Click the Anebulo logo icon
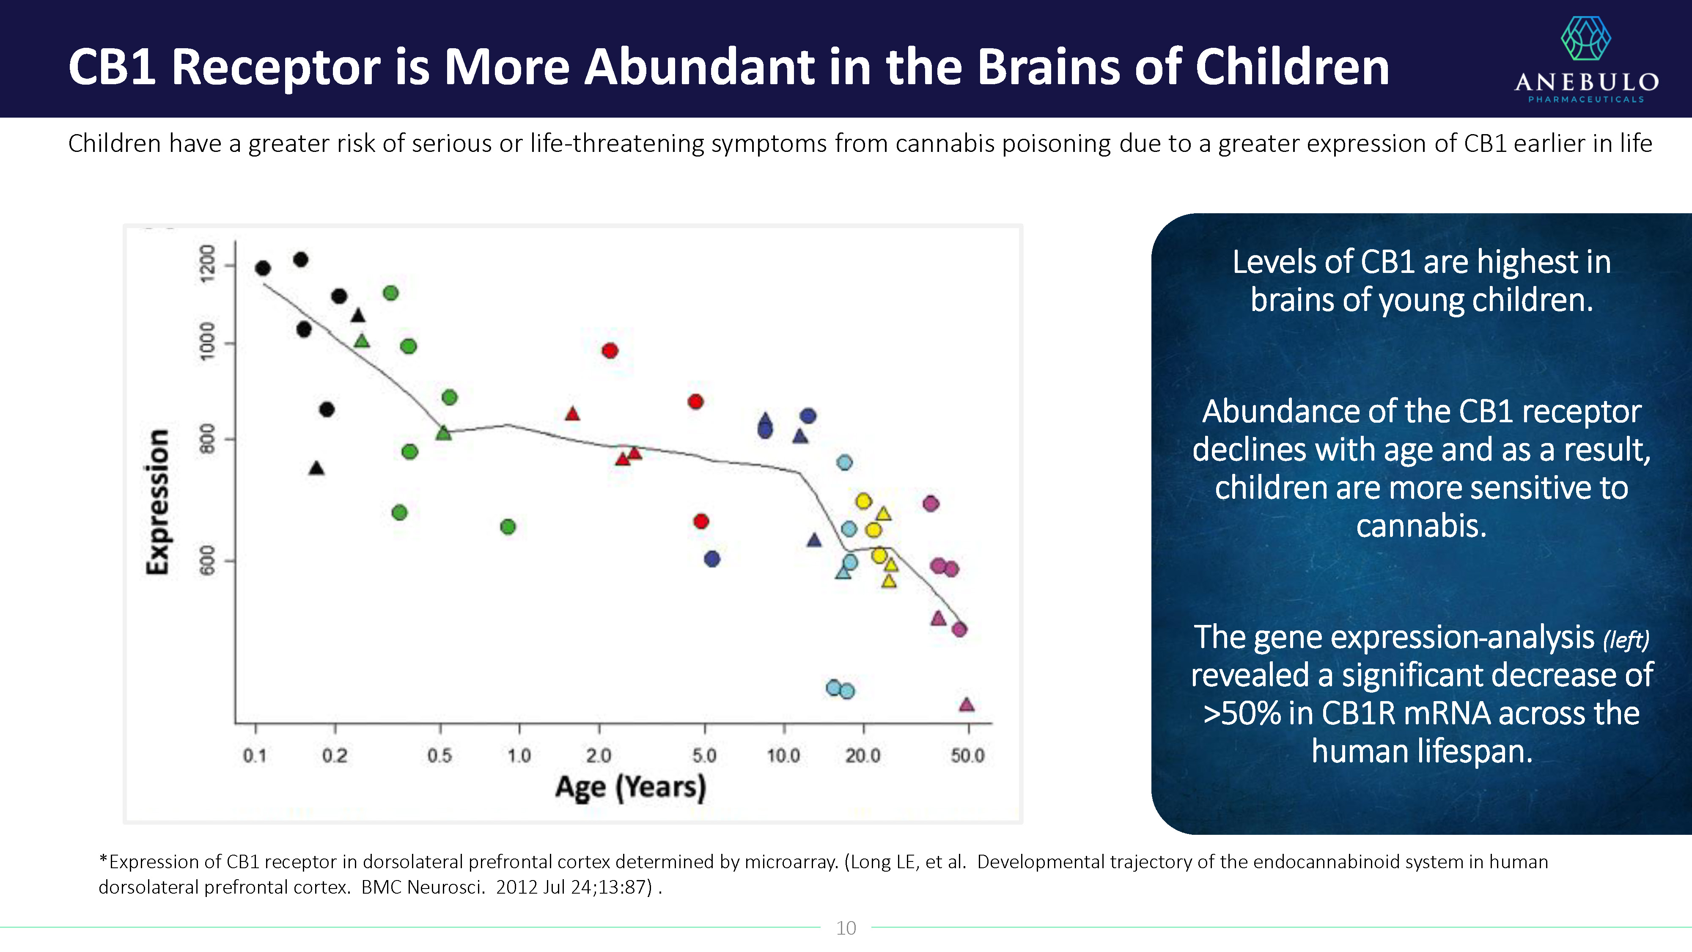1585,38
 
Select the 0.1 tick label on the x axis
255,756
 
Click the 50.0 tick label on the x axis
967,756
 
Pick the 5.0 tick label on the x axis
704,756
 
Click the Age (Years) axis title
631,787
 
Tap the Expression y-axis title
158,503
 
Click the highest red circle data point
610,350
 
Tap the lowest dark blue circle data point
712,559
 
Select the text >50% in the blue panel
1242,713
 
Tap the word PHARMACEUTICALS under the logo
1585,99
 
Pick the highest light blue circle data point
845,462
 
